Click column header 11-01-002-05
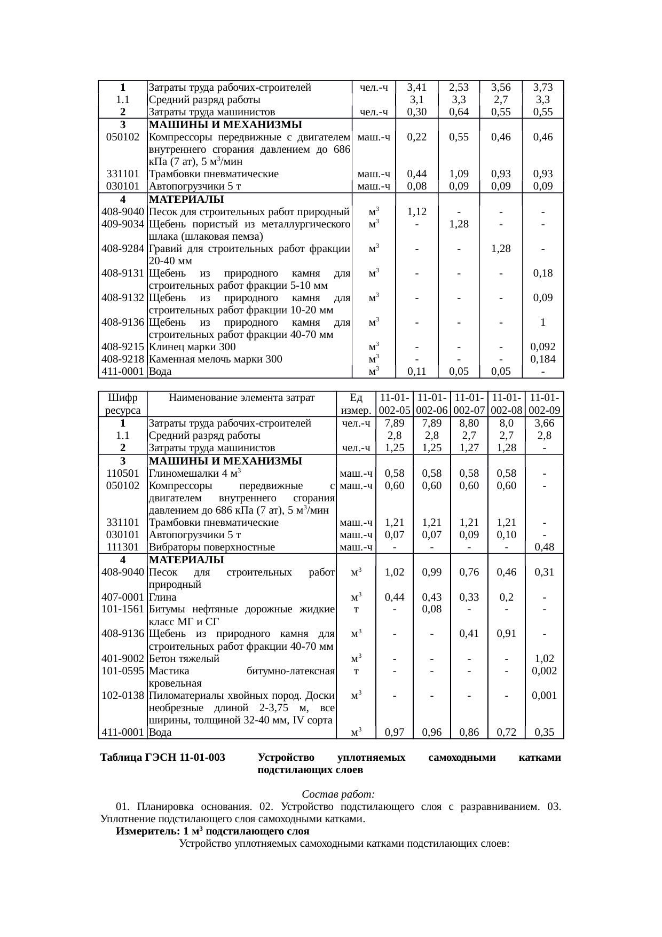tap(395, 404)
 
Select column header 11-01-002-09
tap(544, 404)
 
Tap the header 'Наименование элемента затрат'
tap(242, 398)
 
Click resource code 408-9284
tap(123, 249)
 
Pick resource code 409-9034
tap(123, 224)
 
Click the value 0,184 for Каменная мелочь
tap(542, 359)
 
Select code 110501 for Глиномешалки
tap(123, 474)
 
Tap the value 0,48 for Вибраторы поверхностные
tap(544, 547)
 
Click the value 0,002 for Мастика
tap(544, 671)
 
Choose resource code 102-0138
tap(123, 696)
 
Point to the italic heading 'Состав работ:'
tap(338, 794)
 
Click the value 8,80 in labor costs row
tap(469, 423)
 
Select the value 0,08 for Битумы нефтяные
tap(431, 609)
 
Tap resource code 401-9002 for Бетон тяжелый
tap(123, 659)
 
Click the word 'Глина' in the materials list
tap(163, 597)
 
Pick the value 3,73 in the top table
tap(542, 88)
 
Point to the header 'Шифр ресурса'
tap(123, 404)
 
